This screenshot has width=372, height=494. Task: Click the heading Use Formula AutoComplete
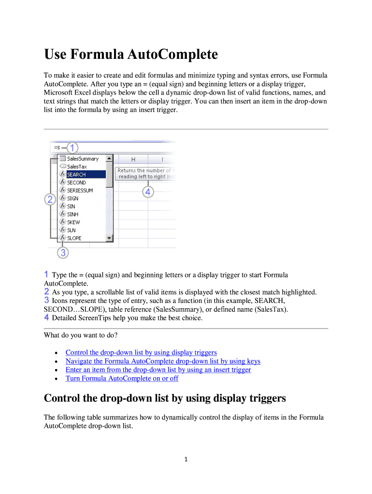pos(130,55)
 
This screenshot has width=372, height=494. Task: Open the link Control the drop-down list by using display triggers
pos(141,353)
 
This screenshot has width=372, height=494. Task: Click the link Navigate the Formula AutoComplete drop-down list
pos(163,361)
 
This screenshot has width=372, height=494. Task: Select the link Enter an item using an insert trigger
pos(158,370)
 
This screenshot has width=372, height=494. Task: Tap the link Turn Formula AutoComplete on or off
pos(122,379)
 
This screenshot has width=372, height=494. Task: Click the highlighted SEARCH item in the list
pos(76,175)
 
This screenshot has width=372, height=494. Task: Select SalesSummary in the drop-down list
pos(83,159)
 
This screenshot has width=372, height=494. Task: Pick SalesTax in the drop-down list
pos(77,167)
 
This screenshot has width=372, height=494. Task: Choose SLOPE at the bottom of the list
pos(74,238)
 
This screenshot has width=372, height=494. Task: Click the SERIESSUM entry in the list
pos(80,191)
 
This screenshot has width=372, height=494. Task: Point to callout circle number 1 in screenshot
pos(72,147)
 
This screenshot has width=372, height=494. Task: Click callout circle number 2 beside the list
pos(50,199)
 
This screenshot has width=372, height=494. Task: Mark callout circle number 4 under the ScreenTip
pos(148,192)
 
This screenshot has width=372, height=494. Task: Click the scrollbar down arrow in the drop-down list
pos(110,238)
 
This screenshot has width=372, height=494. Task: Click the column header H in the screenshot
pos(133,159)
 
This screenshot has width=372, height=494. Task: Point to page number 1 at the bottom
pos(186,459)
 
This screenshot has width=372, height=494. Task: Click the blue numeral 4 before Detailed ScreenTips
pos(46,318)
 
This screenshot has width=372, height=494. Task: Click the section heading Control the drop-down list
pos(165,398)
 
